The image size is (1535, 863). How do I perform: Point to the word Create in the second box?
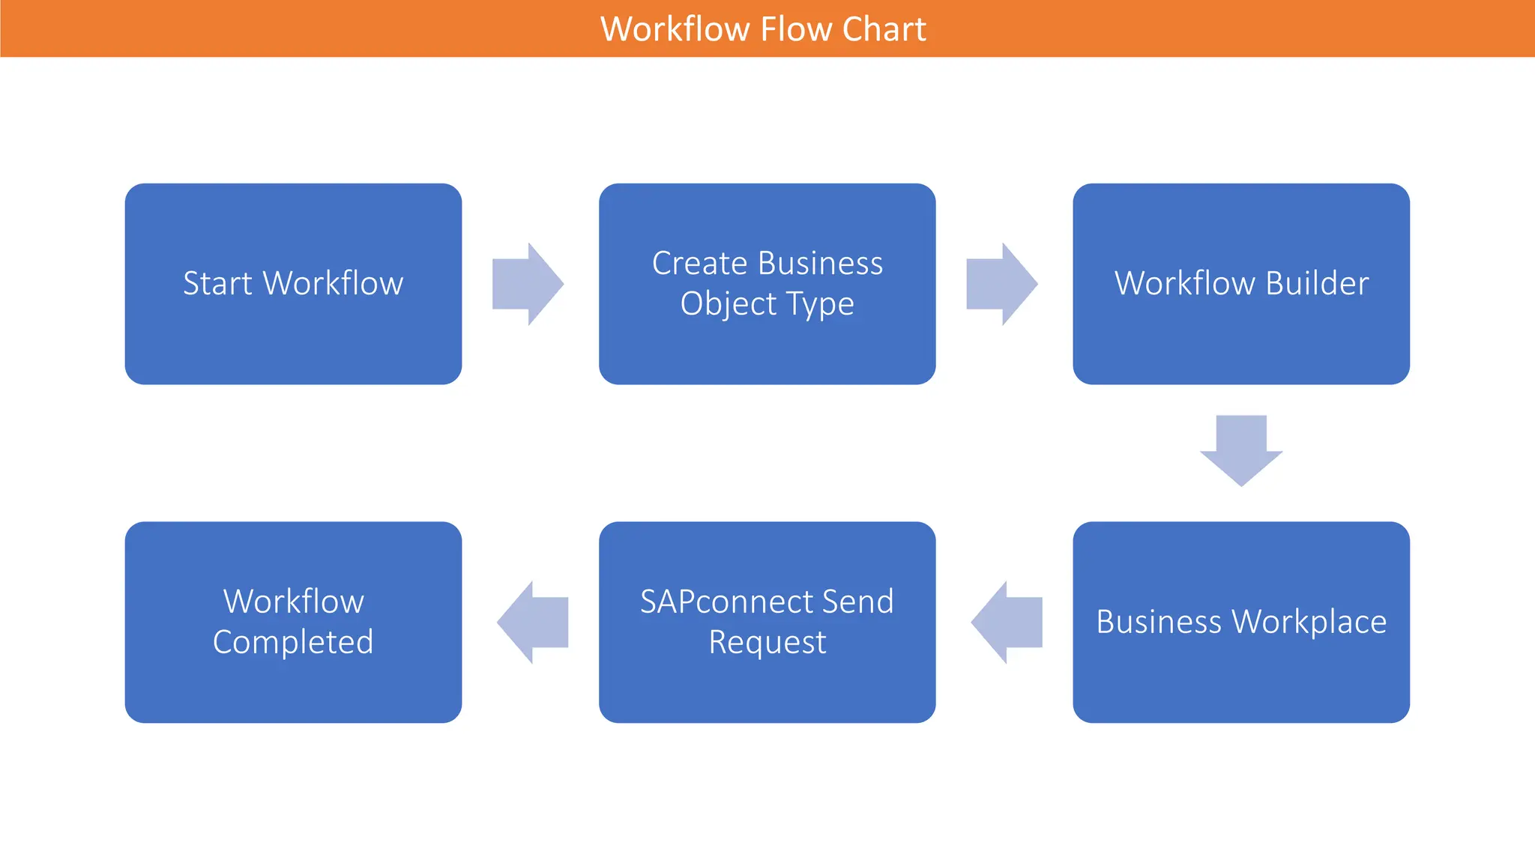point(699,264)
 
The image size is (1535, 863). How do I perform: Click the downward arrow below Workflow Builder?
point(1241,449)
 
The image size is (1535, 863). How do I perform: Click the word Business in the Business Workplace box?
point(1159,623)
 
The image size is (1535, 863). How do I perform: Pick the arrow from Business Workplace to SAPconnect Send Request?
point(1007,623)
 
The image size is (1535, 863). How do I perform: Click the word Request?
point(767,643)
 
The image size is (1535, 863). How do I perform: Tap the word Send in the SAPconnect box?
point(857,602)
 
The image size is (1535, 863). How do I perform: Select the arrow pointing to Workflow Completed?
point(533,623)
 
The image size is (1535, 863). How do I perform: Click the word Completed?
point(293,643)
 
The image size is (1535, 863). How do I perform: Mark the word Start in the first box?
point(217,284)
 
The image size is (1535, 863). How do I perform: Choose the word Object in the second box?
point(729,304)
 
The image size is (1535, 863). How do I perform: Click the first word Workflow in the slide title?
point(675,29)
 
